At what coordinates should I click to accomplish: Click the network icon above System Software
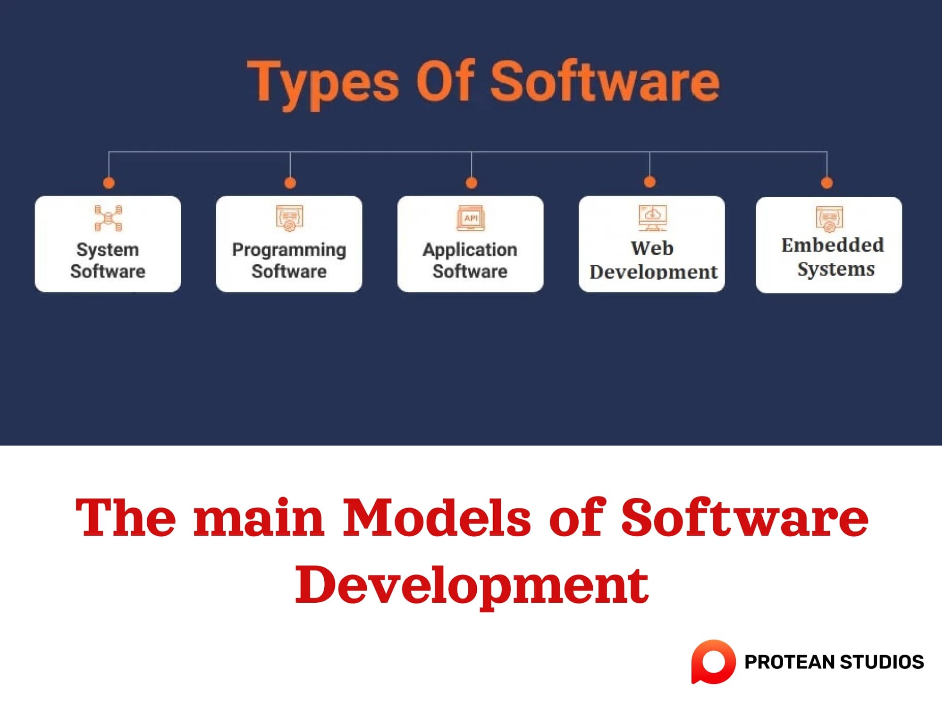pos(108,218)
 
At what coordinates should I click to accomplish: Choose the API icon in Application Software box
pos(471,218)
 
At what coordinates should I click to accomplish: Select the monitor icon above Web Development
pos(652,218)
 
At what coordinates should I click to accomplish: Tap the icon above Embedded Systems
pos(829,219)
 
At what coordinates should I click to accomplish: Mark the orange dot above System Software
pos(109,183)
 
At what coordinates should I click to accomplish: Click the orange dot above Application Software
pos(472,183)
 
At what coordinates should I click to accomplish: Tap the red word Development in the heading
pos(472,585)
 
